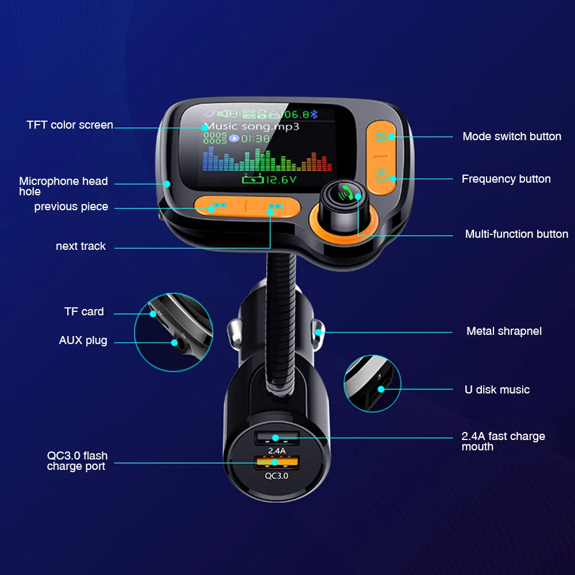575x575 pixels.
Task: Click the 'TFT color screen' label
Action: click(x=70, y=125)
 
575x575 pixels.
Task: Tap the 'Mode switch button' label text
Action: click(x=512, y=136)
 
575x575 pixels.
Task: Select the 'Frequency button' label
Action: click(x=506, y=179)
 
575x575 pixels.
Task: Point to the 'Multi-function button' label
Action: click(x=516, y=234)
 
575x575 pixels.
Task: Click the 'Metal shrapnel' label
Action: click(x=504, y=331)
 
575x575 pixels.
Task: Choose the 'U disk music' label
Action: click(x=497, y=389)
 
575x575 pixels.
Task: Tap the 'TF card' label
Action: click(x=84, y=312)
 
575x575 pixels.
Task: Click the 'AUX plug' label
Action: click(x=83, y=340)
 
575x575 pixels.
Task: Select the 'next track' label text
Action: click(x=80, y=246)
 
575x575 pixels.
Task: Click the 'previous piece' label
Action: click(x=71, y=207)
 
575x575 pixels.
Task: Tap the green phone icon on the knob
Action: click(x=345, y=192)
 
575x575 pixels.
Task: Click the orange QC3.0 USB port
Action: click(x=277, y=462)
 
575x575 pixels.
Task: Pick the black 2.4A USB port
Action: click(x=277, y=437)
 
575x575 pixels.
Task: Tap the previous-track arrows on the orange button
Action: click(x=218, y=205)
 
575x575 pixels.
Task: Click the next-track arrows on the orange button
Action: click(x=276, y=206)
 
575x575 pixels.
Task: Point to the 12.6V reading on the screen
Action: click(x=269, y=179)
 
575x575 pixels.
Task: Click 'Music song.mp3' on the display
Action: click(x=252, y=127)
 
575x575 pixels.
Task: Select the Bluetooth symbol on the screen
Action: click(x=314, y=114)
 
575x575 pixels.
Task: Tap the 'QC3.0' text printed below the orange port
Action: click(x=276, y=476)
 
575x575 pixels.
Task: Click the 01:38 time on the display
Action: click(x=255, y=138)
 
